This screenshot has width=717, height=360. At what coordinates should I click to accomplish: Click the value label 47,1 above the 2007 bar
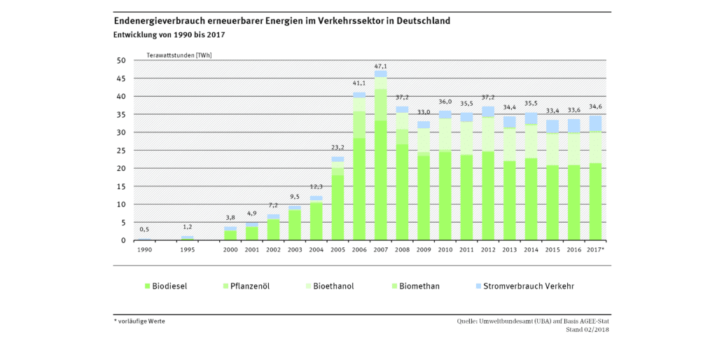coord(380,67)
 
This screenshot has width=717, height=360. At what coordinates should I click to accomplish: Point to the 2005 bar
coord(337,199)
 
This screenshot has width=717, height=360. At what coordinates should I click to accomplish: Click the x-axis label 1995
coord(188,249)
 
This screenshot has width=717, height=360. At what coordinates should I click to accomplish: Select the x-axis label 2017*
coord(596,249)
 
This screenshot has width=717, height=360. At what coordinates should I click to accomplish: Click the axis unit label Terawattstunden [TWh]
coord(179,54)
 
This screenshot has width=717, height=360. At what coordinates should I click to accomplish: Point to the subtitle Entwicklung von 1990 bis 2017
coord(169,34)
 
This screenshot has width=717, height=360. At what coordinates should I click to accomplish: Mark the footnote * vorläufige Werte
coord(139,321)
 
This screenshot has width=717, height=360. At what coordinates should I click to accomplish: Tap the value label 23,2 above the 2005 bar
coord(337,148)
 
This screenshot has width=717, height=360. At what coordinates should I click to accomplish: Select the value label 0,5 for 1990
coord(144,230)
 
